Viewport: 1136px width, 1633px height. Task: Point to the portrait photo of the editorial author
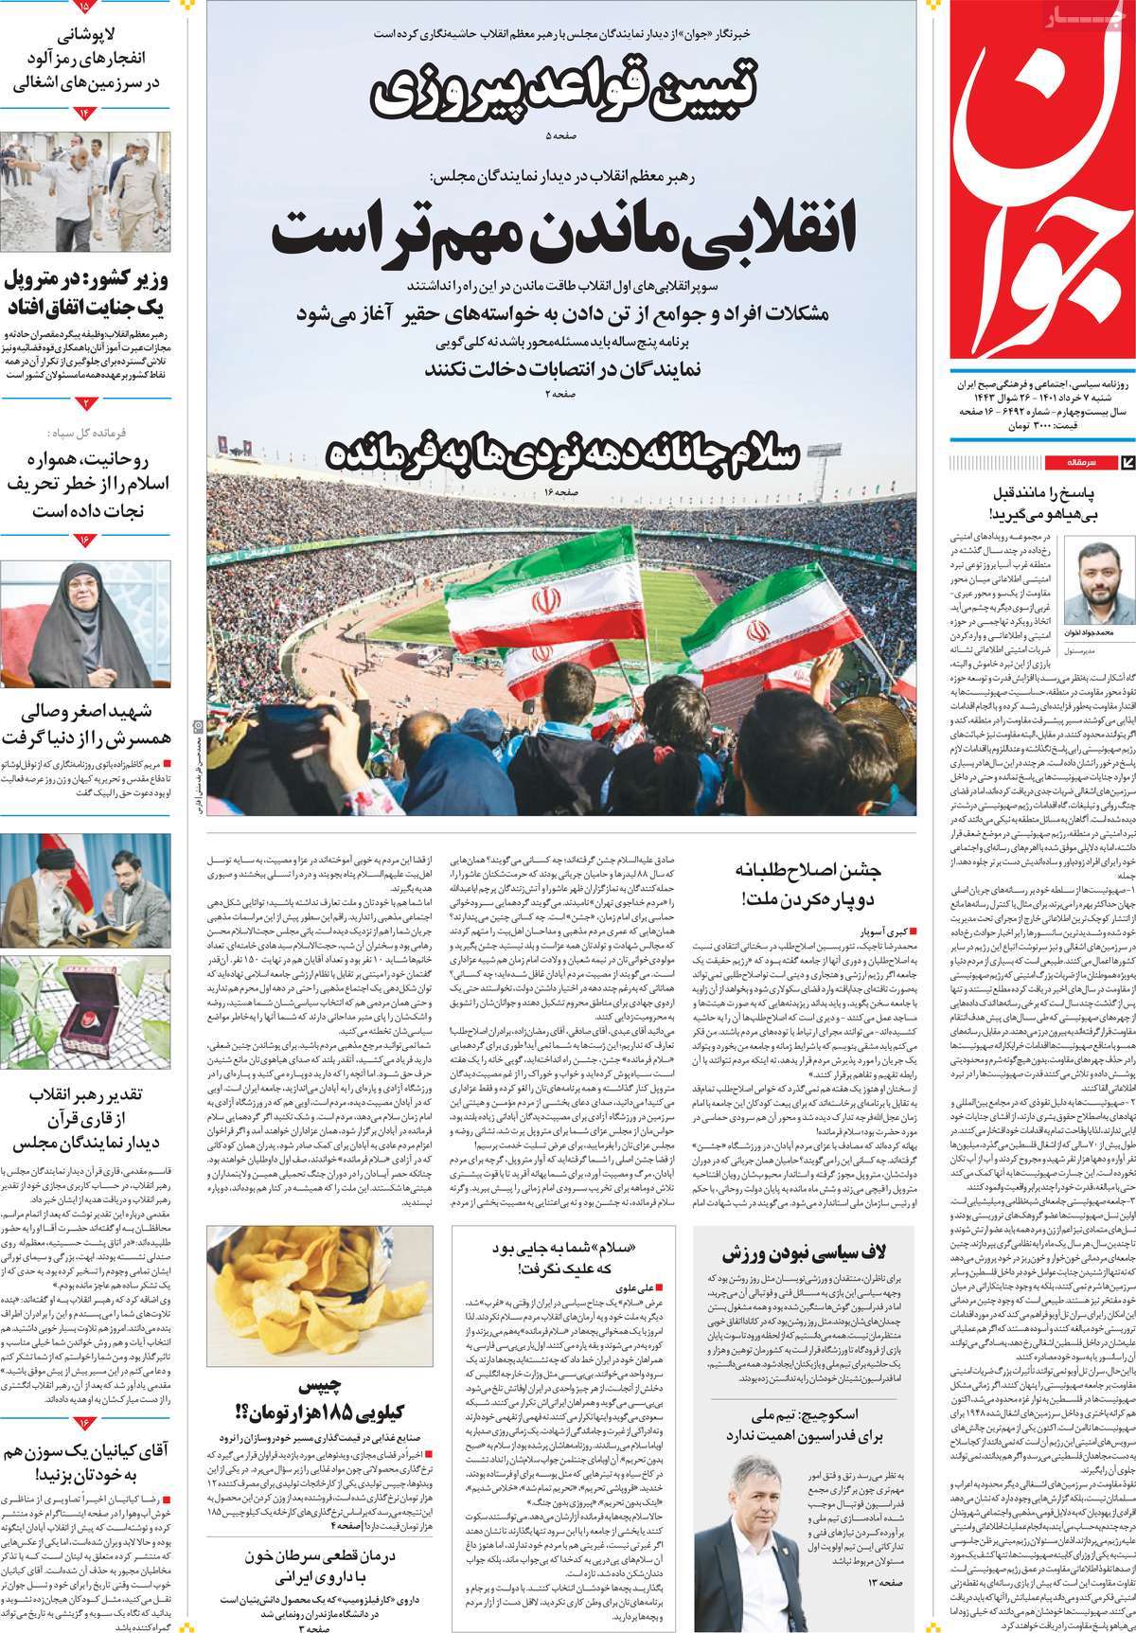click(x=1098, y=577)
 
